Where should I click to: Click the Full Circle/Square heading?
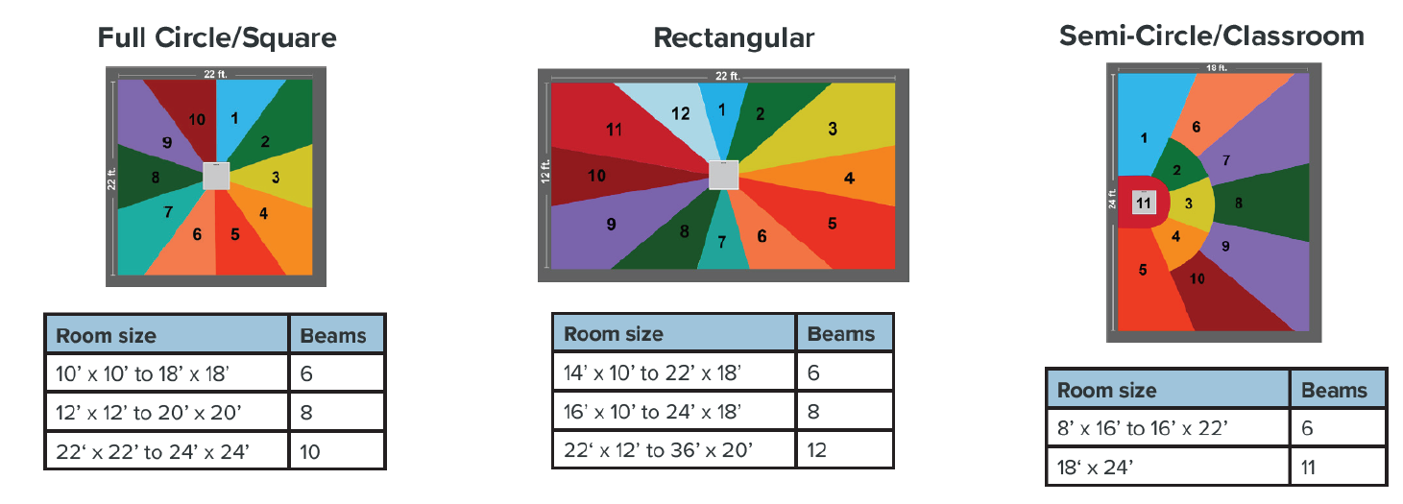tap(217, 38)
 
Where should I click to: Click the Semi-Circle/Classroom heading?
tap(1212, 36)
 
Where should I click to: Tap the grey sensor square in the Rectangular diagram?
tap(723, 175)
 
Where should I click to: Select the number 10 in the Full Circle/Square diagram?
tap(196, 120)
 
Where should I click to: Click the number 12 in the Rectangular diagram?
tap(680, 113)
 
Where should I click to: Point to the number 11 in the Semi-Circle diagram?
tap(1143, 203)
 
